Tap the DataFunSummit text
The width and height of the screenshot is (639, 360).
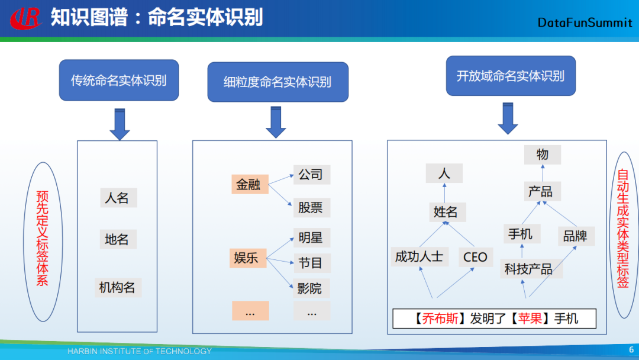click(585, 22)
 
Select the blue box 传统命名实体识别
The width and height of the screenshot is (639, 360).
click(118, 81)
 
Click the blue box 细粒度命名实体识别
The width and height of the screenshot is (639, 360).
click(277, 82)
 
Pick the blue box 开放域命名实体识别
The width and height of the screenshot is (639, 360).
click(511, 76)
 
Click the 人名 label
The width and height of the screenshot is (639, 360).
click(117, 198)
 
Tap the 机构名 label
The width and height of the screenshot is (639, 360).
click(117, 288)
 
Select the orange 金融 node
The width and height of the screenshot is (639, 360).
click(249, 184)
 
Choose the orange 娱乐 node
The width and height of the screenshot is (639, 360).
click(247, 258)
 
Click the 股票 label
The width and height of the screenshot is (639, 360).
click(311, 208)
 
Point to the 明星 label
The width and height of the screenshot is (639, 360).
click(311, 238)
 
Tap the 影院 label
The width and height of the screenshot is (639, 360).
click(310, 288)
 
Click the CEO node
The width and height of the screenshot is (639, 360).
click(475, 257)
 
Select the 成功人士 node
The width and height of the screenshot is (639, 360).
click(419, 256)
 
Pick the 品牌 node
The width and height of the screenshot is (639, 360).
click(575, 236)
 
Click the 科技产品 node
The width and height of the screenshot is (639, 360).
click(528, 269)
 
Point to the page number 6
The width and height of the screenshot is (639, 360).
click(631, 350)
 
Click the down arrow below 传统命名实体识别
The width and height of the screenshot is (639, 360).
click(120, 124)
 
